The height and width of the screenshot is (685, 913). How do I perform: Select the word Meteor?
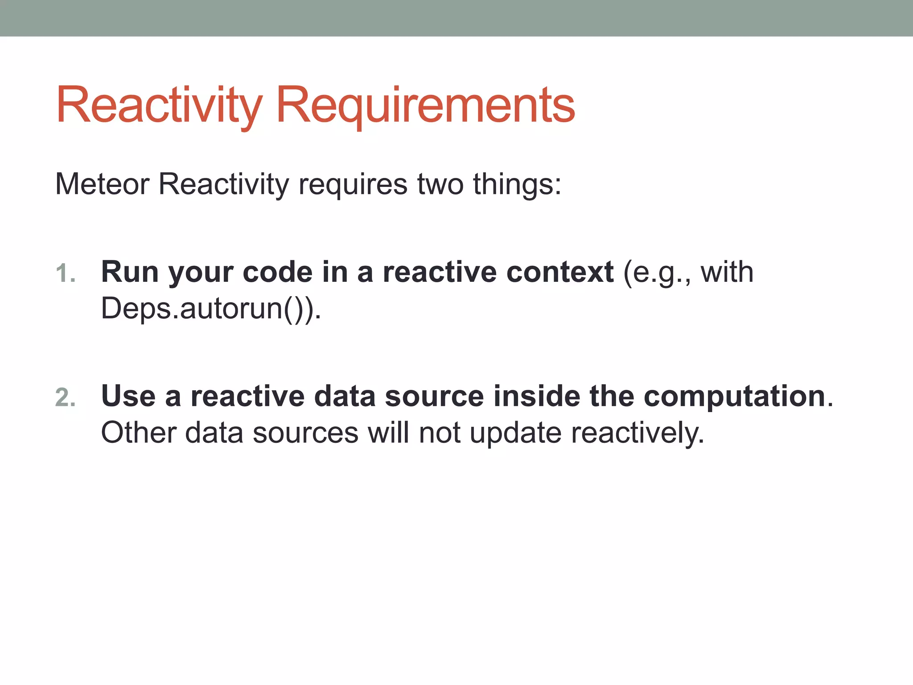click(103, 184)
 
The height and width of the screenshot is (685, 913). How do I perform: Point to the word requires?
click(353, 184)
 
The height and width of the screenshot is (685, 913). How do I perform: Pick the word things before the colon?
click(513, 184)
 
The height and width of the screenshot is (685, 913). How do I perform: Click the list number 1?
click(65, 273)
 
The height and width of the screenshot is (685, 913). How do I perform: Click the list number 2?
click(65, 397)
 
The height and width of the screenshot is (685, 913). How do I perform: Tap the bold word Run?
click(130, 272)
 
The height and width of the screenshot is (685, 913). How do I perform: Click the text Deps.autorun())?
click(211, 309)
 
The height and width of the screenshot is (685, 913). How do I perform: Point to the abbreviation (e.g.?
click(657, 273)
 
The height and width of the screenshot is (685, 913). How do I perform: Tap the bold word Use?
click(128, 396)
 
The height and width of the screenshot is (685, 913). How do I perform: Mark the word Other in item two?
click(139, 433)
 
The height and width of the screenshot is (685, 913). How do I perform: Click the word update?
click(515, 433)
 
